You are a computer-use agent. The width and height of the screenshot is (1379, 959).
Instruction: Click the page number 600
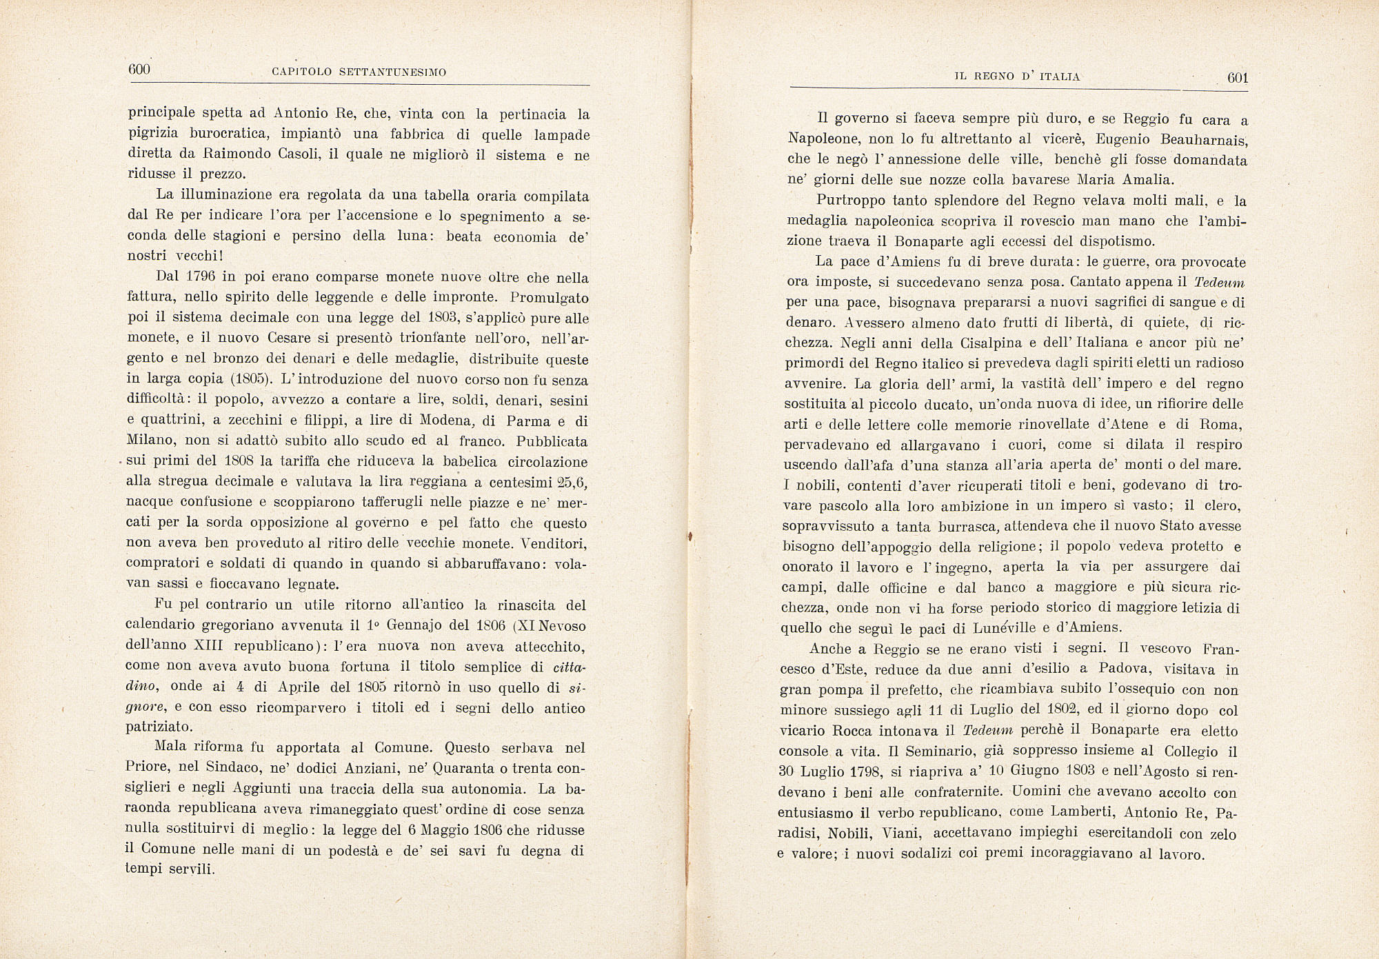click(139, 69)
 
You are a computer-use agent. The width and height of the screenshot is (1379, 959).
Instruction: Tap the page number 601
click(1238, 78)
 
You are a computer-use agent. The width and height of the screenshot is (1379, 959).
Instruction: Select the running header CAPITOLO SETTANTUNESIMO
click(359, 72)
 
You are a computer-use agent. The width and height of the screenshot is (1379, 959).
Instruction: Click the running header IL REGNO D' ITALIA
click(1017, 77)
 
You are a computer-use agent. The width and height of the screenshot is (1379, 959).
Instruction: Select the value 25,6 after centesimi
click(573, 481)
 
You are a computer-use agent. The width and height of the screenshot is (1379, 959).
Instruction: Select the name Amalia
click(1138, 180)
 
